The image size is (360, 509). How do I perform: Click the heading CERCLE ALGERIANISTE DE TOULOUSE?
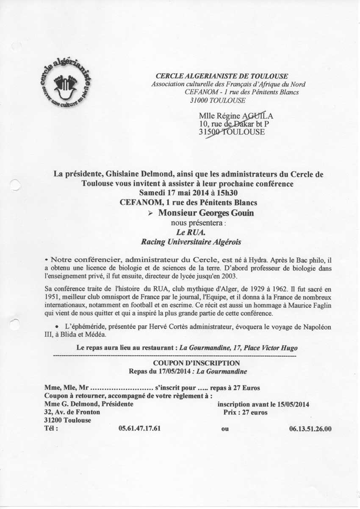[x=222, y=76]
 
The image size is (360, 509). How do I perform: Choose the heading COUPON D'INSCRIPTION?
[x=196, y=363]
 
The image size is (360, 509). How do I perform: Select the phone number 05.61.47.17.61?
[x=140, y=429]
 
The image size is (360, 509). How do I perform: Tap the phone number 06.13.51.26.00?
[x=310, y=429]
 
